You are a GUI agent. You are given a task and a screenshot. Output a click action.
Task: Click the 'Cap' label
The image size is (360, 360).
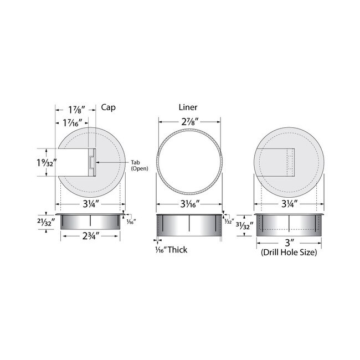click(x=108, y=107)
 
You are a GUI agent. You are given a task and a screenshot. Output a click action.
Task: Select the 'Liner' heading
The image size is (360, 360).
click(x=188, y=107)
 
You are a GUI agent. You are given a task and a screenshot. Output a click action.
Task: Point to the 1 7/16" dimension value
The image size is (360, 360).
click(x=73, y=123)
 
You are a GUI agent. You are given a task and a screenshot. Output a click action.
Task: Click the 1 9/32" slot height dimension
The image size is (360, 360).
click(x=47, y=162)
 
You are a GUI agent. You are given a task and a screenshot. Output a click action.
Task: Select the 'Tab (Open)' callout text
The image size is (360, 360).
click(x=140, y=165)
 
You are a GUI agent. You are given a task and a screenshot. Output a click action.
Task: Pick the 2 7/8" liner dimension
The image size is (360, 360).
click(x=190, y=122)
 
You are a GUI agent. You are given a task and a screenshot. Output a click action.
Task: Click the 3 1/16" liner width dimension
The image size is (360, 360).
click(x=190, y=204)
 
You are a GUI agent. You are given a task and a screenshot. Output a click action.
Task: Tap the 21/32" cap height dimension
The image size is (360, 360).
click(x=46, y=222)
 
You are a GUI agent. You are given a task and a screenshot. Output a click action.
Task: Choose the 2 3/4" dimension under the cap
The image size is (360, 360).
click(x=91, y=236)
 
